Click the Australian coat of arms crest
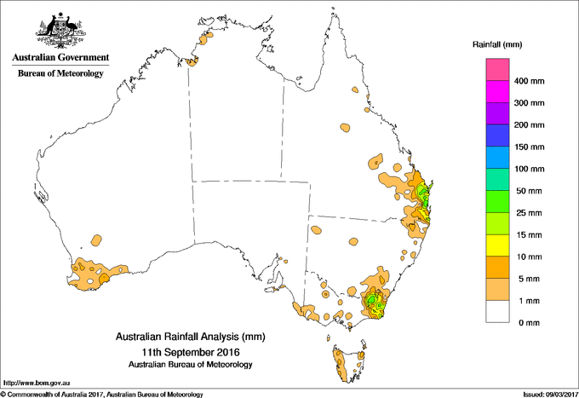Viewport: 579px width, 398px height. tap(59, 31)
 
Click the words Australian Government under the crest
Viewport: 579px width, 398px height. tap(59, 58)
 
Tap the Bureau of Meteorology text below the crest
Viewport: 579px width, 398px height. tap(60, 74)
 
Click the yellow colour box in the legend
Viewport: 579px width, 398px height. tap(497, 246)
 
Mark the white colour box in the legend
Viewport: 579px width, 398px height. tap(497, 312)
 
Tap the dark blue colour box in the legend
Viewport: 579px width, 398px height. tap(497, 136)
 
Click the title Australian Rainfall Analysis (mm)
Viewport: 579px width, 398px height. tap(190, 337)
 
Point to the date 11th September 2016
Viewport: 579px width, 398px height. tap(190, 352)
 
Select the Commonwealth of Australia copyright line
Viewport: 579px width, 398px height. tap(102, 393)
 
